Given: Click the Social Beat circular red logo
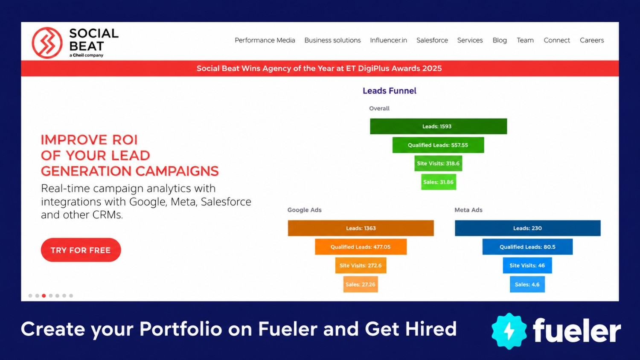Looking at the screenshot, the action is [x=47, y=43].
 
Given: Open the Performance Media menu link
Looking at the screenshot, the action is [x=265, y=40].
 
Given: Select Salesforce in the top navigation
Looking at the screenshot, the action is [x=432, y=40].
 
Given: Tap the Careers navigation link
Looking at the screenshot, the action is [x=592, y=40].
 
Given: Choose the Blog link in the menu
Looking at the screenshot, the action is [x=500, y=40].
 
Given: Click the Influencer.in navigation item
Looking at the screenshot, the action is [x=388, y=40].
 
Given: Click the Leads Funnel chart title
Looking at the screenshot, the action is [x=390, y=91].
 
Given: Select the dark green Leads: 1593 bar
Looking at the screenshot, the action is [x=438, y=126].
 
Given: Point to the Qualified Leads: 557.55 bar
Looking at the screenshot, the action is [x=438, y=145].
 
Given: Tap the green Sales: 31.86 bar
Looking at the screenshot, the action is [x=439, y=182].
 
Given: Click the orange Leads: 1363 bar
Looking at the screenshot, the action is [x=361, y=228].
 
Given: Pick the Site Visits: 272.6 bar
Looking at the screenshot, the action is [x=361, y=265].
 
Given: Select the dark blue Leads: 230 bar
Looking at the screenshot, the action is [x=528, y=228].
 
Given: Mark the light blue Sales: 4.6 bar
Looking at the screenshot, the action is [x=527, y=284].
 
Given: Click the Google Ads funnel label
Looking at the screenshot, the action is [x=304, y=210].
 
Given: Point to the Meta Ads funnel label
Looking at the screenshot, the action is [x=468, y=210].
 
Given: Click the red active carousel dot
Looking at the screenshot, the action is [x=44, y=296].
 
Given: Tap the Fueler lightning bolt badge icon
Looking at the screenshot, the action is [x=509, y=331].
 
